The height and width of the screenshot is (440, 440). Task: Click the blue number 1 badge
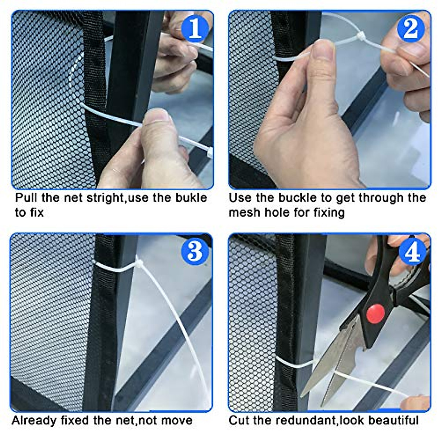point(195,29)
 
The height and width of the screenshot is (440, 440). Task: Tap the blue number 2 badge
point(411,29)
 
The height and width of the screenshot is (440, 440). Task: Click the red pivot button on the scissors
point(375,313)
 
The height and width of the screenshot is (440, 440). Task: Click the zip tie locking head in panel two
point(360,36)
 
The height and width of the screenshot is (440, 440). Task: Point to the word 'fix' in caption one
point(37,212)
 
